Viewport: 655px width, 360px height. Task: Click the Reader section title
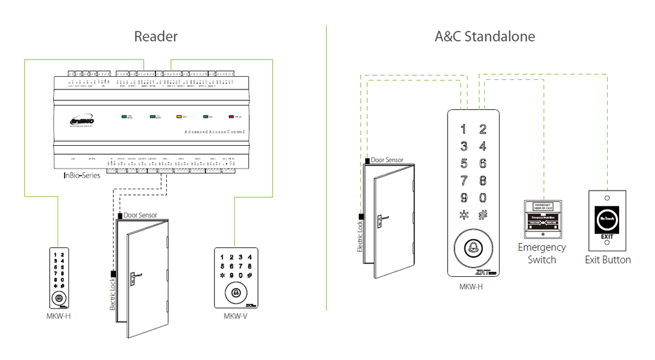point(155,36)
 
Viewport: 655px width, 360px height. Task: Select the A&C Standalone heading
point(484,36)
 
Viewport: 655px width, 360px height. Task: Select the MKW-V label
point(235,316)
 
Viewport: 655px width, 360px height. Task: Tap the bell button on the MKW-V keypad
point(235,293)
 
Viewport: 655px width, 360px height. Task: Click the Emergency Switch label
point(542,253)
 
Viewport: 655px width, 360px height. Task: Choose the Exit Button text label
point(608,260)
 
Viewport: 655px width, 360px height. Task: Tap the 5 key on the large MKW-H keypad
point(464,164)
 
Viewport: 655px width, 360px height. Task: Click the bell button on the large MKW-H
point(474,246)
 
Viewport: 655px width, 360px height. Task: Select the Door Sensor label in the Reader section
point(140,215)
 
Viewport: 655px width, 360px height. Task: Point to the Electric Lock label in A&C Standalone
point(360,237)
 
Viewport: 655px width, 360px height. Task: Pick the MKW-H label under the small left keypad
point(58,316)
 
